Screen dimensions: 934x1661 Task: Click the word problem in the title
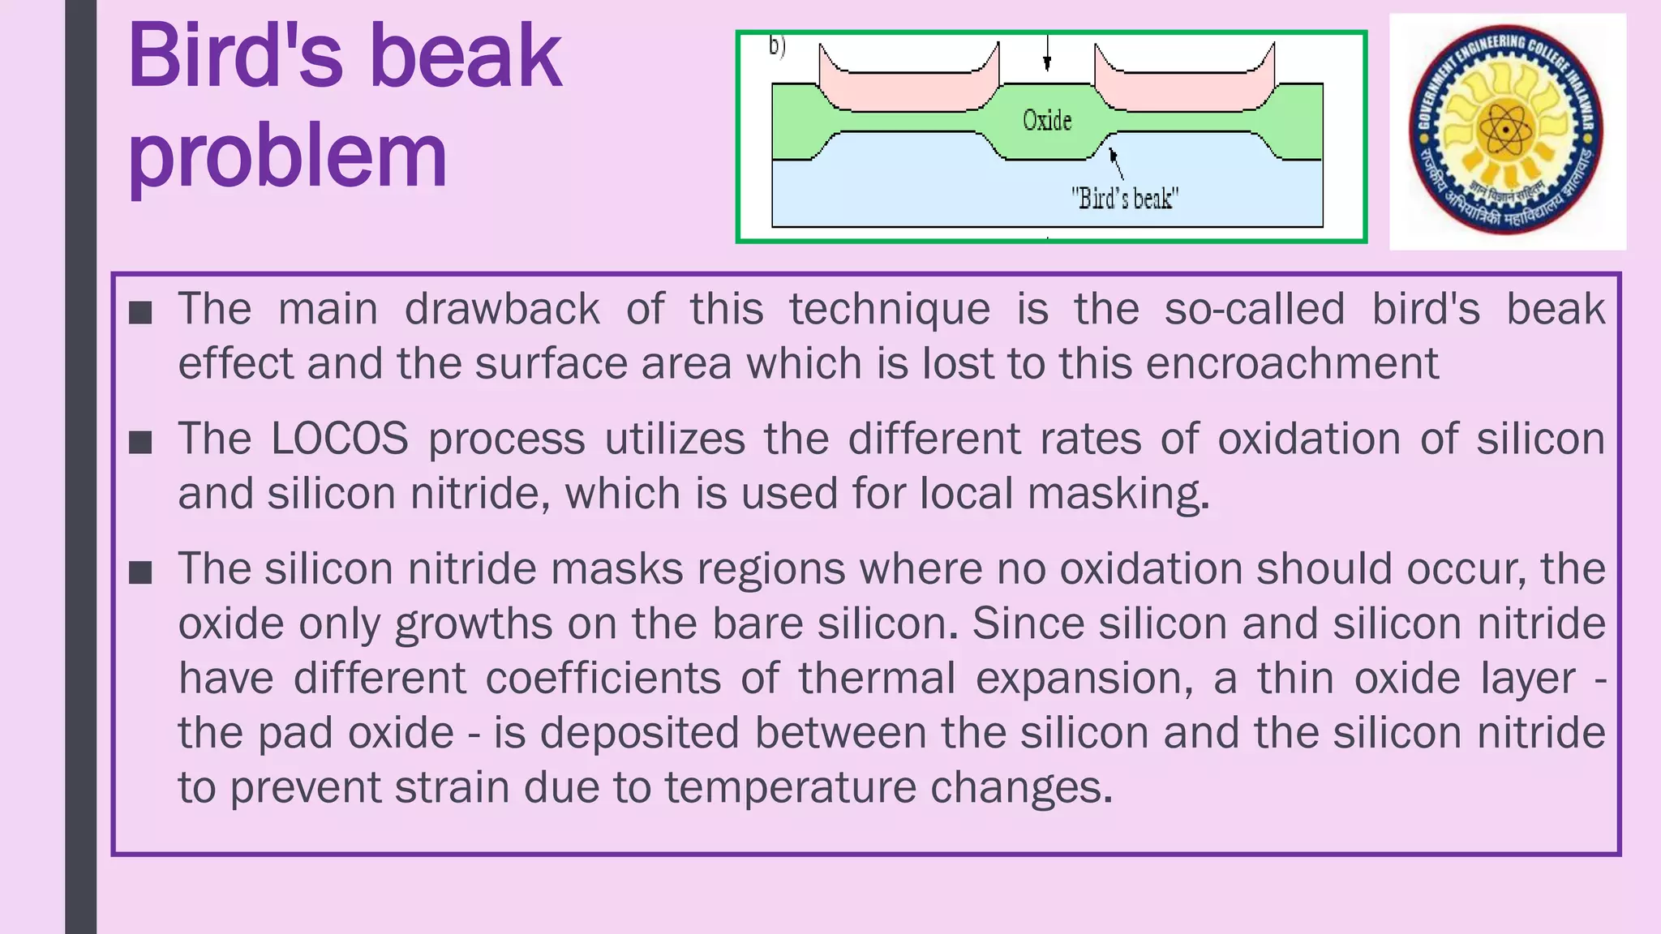click(x=287, y=156)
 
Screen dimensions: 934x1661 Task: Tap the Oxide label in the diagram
click(x=1046, y=121)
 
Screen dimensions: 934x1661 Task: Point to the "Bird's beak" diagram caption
click(x=1124, y=198)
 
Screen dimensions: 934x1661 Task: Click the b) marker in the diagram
click(x=777, y=46)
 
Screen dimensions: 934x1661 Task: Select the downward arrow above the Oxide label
click(x=1047, y=54)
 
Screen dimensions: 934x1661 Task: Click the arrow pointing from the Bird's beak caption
click(x=1117, y=163)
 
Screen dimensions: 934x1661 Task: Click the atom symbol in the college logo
click(x=1506, y=130)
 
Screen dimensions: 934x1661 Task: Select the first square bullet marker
click(x=140, y=312)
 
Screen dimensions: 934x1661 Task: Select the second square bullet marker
click(x=140, y=442)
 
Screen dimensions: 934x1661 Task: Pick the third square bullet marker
click(x=140, y=572)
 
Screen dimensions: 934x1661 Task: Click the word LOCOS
click(x=339, y=439)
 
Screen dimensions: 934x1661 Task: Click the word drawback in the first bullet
click(x=501, y=310)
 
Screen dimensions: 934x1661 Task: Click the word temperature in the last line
click(x=790, y=787)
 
